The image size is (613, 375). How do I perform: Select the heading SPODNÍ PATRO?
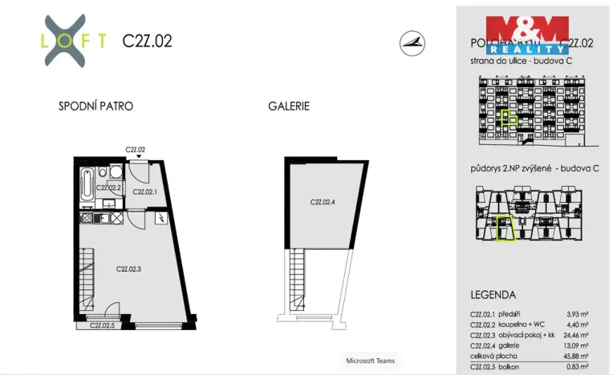[95, 107]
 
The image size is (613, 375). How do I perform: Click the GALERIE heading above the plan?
[289, 107]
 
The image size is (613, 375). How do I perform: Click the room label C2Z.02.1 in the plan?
[145, 192]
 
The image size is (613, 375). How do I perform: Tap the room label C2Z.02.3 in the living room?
[128, 268]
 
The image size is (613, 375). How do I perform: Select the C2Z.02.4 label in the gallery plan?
[322, 202]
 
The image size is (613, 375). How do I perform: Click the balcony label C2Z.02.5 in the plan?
[101, 325]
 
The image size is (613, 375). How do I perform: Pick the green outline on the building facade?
[508, 118]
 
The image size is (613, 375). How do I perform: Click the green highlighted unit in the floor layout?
[504, 228]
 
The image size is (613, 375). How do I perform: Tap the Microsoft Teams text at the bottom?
[370, 360]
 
